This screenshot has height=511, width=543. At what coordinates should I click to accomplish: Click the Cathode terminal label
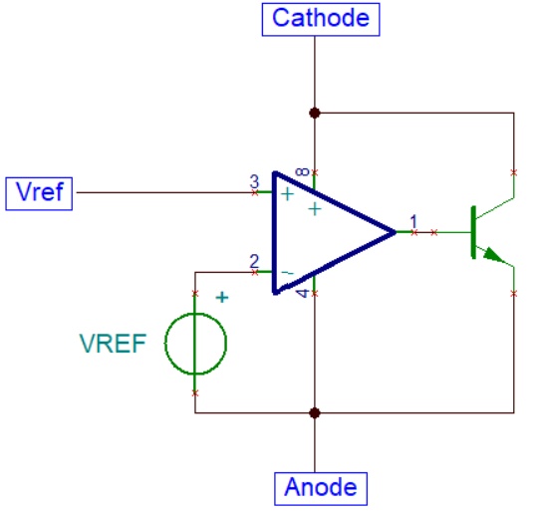pyautogui.click(x=321, y=19)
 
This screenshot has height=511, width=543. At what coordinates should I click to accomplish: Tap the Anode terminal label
pyautogui.click(x=321, y=488)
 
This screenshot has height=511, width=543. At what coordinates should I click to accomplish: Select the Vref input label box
pyautogui.click(x=39, y=193)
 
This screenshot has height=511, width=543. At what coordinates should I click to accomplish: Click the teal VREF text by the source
pyautogui.click(x=113, y=344)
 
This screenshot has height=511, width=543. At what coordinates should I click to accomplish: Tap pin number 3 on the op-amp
pyautogui.click(x=254, y=181)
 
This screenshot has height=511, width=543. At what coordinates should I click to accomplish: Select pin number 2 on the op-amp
pyautogui.click(x=254, y=261)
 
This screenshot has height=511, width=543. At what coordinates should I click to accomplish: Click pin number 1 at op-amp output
pyautogui.click(x=413, y=221)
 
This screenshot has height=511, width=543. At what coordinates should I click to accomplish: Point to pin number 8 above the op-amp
pyautogui.click(x=302, y=171)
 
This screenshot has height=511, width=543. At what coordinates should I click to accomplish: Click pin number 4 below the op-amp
pyautogui.click(x=303, y=293)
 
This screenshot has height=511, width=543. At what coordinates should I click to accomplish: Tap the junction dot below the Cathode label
pyautogui.click(x=315, y=113)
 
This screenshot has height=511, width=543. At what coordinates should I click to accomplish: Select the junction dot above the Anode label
pyautogui.click(x=315, y=413)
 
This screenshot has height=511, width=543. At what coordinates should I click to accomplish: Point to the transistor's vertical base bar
pyautogui.click(x=473, y=232)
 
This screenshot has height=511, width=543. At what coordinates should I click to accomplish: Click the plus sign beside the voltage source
pyautogui.click(x=222, y=298)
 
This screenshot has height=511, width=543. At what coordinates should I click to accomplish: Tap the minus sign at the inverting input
pyautogui.click(x=287, y=273)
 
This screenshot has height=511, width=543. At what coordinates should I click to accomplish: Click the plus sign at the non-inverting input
pyautogui.click(x=287, y=194)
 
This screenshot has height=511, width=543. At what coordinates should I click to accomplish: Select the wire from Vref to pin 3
pyautogui.click(x=165, y=192)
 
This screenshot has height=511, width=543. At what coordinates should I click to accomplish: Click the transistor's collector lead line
pyautogui.click(x=495, y=208)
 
